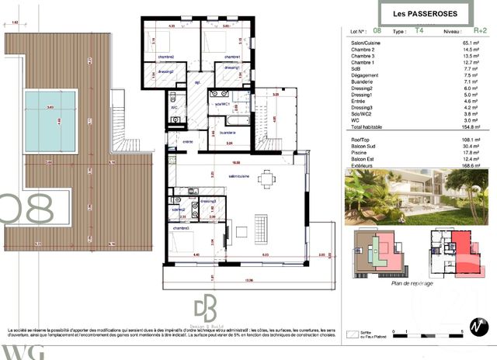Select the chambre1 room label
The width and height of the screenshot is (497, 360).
[232, 57]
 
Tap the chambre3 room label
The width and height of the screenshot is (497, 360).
[182, 228]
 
